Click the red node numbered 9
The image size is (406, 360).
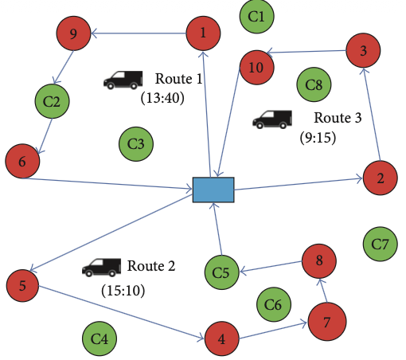[73, 33]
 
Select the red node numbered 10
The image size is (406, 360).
[256, 68]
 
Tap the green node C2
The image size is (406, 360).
[53, 101]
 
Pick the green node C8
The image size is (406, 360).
[314, 84]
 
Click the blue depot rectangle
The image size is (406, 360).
[213, 190]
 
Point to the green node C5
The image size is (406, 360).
[221, 272]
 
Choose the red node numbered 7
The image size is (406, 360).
[327, 322]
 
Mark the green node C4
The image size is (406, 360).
[100, 338]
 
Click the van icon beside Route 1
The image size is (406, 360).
[123, 80]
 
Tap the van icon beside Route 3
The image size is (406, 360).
[272, 119]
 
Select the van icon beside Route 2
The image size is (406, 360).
[101, 268]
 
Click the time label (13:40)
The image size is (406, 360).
[162, 98]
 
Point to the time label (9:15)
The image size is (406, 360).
[318, 138]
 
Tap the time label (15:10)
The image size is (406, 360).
[123, 291]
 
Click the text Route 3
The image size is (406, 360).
[338, 118]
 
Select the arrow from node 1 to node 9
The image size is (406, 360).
[139, 33]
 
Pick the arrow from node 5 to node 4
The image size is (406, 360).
[121, 312]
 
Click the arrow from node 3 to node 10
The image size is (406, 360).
[306, 52]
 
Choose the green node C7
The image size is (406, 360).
[381, 244]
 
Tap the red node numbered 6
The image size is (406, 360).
[22, 161]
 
